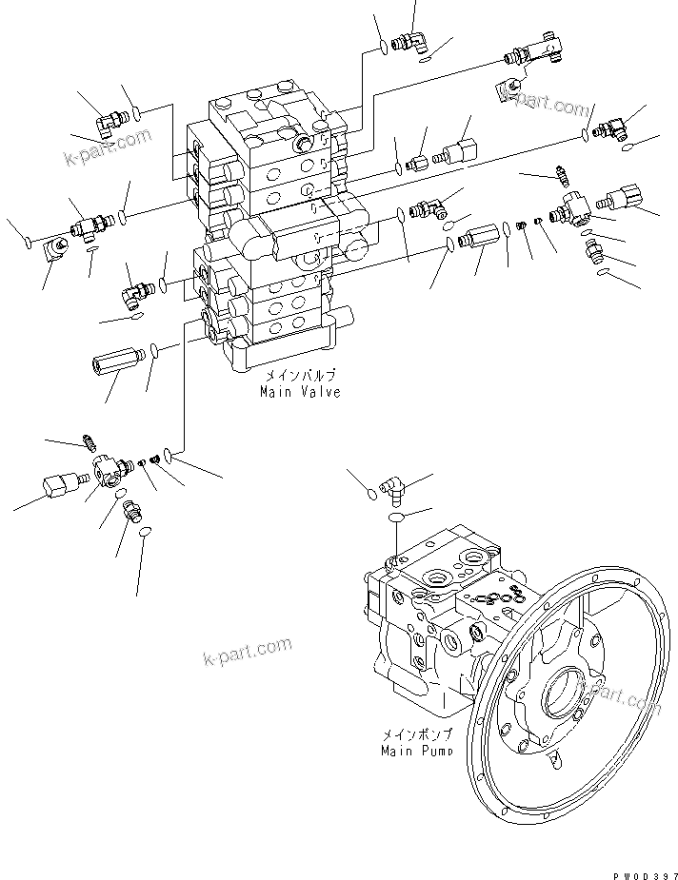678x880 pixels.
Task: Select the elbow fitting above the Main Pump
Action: pos(392,489)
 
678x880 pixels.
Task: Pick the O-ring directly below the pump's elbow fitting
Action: pos(396,516)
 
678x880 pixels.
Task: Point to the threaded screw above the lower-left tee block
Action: pos(90,441)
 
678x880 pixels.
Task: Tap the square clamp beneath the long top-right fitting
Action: pos(507,90)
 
